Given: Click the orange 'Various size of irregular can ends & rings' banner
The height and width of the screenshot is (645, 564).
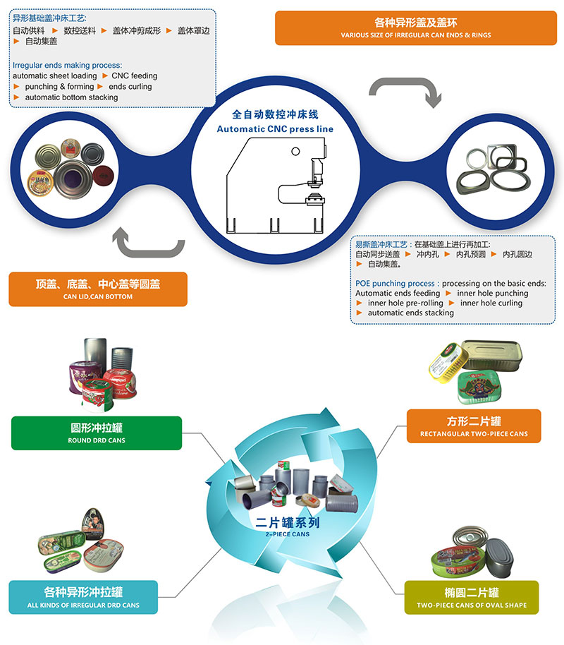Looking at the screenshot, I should click(416, 28).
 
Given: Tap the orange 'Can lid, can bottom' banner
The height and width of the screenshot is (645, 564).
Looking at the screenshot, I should click(98, 289).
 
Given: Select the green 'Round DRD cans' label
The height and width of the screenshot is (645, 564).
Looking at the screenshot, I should click(97, 433).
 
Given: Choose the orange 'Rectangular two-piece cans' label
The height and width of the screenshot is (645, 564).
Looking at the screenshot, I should click(473, 426).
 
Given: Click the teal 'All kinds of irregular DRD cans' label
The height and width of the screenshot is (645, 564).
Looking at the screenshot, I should click(83, 597).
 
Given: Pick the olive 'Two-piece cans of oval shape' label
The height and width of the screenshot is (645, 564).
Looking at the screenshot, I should click(472, 597).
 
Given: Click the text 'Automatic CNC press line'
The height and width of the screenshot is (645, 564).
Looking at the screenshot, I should click(275, 129).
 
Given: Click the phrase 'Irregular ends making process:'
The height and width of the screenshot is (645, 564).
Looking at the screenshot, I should click(68, 65).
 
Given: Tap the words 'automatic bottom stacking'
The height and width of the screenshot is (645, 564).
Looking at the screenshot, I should click(71, 97).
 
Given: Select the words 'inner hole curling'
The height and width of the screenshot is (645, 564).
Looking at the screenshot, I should click(491, 303).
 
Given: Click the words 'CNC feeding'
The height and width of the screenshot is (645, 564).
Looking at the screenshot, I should click(135, 76).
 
